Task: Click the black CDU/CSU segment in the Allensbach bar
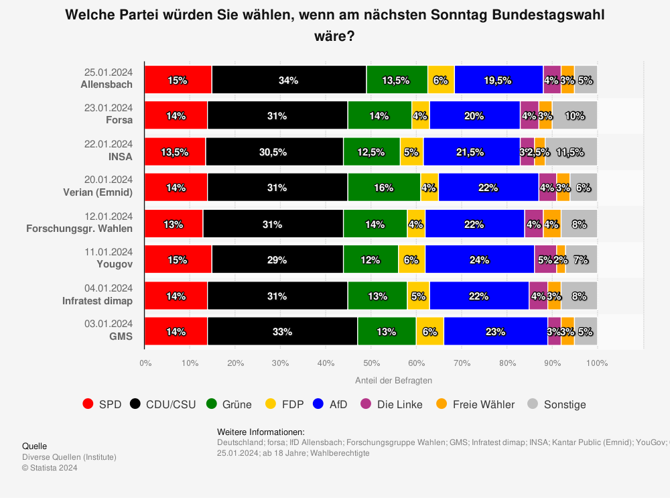[289, 80]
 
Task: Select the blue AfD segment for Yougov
[479, 259]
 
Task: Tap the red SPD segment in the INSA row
[175, 151]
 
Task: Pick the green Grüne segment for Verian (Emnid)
[384, 188]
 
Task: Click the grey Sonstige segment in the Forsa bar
[574, 115]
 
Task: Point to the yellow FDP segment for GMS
[429, 331]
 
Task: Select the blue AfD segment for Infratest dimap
[479, 296]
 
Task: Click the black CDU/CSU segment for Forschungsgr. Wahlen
[273, 223]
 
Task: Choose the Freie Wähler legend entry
[476, 404]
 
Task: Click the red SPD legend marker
[88, 404]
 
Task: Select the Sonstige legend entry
[556, 404]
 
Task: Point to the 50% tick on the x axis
[371, 363]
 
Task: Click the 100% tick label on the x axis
[596, 363]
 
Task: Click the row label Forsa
[119, 121]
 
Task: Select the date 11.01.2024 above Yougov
[109, 252]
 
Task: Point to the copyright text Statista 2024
[50, 468]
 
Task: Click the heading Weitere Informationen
[261, 432]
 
